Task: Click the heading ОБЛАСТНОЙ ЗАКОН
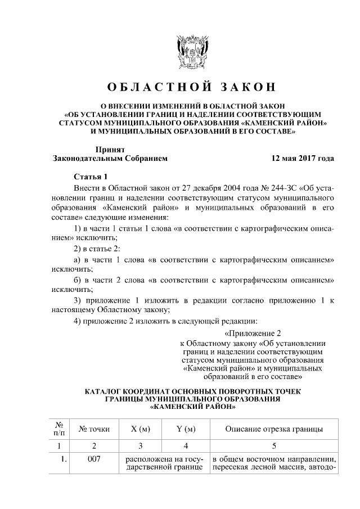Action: tap(193, 87)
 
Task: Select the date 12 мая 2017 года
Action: tap(303, 159)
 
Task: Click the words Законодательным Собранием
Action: tap(110, 159)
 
